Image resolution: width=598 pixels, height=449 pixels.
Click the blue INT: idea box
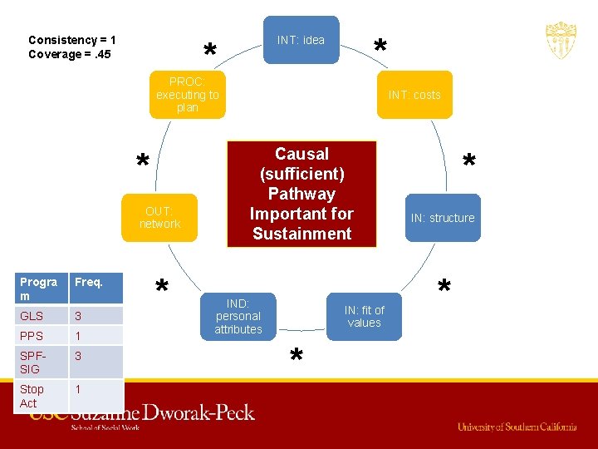pos(301,40)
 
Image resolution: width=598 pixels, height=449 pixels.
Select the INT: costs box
pos(414,95)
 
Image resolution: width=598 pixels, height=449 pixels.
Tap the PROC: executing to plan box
pos(187,95)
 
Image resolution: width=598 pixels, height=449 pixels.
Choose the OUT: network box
pos(159,218)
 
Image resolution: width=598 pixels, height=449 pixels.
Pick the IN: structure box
pos(442,218)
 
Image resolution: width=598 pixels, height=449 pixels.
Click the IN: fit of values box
pos(364,317)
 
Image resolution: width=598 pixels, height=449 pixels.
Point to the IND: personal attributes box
pos(238,317)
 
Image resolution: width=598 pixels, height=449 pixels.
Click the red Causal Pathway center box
pos(301,194)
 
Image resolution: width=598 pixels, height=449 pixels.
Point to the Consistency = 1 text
pos(72,40)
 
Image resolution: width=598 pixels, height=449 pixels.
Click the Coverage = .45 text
pos(70,55)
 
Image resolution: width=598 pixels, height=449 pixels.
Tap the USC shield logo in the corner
pos(561,40)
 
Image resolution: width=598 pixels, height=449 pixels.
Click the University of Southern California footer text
pos(517,427)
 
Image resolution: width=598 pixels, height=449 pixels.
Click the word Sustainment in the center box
pos(301,234)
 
